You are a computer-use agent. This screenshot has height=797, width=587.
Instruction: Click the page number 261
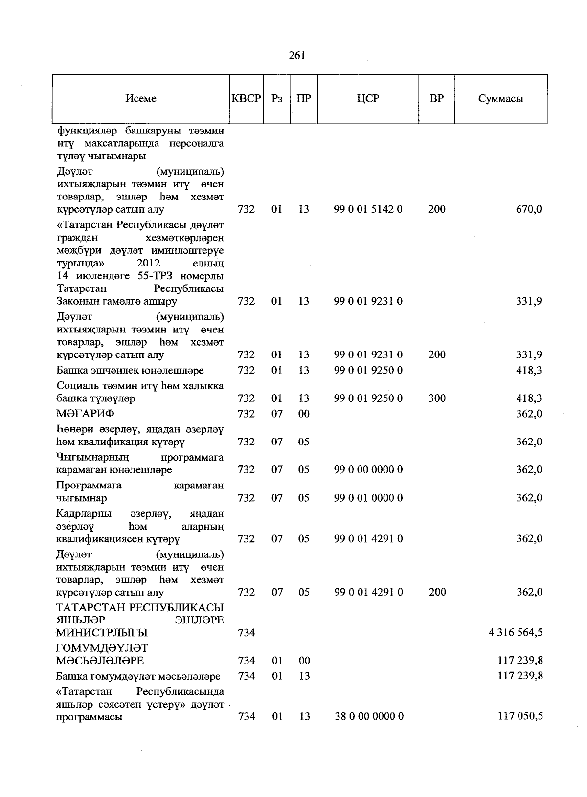[x=297, y=56]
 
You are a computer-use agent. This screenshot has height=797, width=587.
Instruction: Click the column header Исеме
[x=141, y=98]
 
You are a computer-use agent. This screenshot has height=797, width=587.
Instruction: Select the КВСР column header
[x=246, y=98]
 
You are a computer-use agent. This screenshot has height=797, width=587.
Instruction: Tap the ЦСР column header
[x=368, y=98]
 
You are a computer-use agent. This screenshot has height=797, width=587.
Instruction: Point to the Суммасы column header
[x=500, y=98]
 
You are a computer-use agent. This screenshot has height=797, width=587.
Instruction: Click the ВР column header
[x=436, y=98]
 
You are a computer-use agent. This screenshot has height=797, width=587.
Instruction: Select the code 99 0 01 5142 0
[x=368, y=209]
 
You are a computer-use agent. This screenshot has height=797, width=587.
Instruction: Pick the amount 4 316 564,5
[x=515, y=632]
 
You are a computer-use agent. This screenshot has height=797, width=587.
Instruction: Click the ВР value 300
[x=436, y=398]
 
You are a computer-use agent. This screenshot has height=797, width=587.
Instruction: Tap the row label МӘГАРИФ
[x=85, y=414]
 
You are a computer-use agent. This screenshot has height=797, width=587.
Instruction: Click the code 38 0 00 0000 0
[x=369, y=716]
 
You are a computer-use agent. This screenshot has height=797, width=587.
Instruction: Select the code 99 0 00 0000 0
[x=368, y=469]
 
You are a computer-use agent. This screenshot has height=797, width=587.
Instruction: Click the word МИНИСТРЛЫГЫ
[x=102, y=632]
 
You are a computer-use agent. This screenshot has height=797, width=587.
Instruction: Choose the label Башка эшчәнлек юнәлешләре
[x=130, y=370]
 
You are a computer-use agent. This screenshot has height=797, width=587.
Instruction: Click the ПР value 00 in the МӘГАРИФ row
[x=304, y=414]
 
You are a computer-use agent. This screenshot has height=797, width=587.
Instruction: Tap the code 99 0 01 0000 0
[x=368, y=498]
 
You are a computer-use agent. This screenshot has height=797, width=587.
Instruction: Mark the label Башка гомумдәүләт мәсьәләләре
[x=138, y=676]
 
